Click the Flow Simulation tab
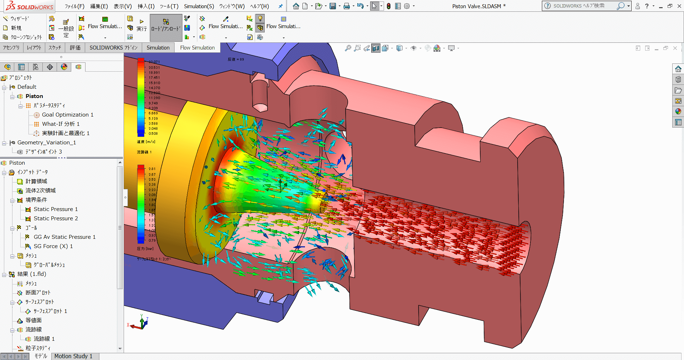tap(197, 47)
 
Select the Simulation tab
tap(158, 47)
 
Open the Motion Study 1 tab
tap(73, 356)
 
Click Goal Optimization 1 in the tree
tap(67, 115)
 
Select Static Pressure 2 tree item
tap(56, 218)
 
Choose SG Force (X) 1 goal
tap(53, 246)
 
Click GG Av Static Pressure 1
tap(64, 237)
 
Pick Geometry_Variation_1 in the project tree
tap(46, 143)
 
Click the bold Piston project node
tap(34, 96)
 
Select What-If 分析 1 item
tap(61, 124)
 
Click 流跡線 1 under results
tap(44, 339)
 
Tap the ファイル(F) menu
tap(74, 6)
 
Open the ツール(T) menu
tap(169, 6)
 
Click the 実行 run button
tap(141, 25)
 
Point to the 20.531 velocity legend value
tap(154, 67)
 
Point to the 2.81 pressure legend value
tap(152, 169)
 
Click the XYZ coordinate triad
tap(141, 323)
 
